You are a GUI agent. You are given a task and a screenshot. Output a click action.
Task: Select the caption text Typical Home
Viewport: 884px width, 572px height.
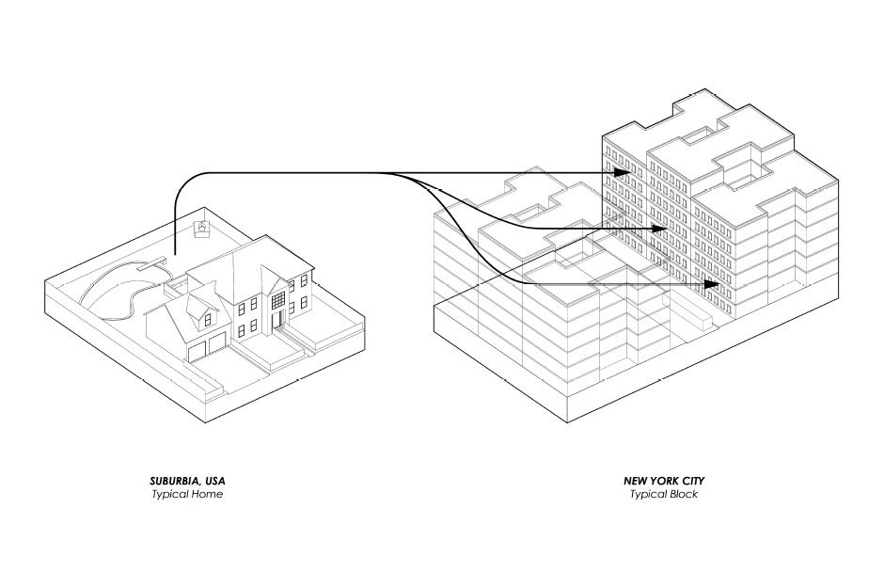coord(187,495)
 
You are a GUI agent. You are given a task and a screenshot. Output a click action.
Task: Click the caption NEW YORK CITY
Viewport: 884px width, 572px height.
coord(664,481)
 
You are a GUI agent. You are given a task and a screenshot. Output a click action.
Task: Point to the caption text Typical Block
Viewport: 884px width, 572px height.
coord(664,495)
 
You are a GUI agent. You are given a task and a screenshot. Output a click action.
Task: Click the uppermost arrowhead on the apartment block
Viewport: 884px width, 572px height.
coord(622,173)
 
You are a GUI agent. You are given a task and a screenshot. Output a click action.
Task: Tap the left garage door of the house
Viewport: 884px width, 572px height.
coord(197,351)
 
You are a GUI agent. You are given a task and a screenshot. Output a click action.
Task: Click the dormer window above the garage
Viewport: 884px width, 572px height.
coord(198,310)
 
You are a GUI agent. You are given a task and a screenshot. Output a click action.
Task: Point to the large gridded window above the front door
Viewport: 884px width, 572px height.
coord(279,297)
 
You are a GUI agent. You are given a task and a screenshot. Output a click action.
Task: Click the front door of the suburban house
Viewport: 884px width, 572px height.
coord(276,323)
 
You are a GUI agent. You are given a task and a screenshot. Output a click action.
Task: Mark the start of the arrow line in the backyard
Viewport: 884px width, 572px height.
coord(175,254)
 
